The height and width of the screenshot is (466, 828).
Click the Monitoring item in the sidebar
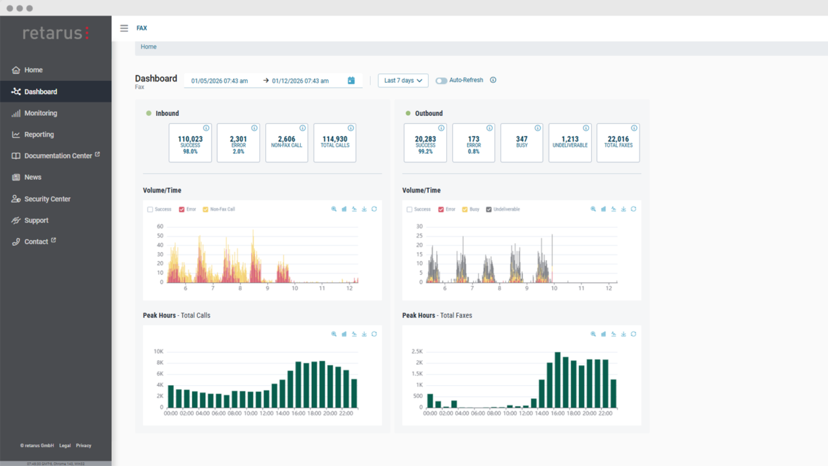pos(40,113)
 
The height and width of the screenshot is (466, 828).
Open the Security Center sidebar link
pos(47,199)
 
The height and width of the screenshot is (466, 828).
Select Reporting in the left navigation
pos(39,135)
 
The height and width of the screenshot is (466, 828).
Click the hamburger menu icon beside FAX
pos(124,28)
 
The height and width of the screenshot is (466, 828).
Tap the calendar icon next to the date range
pos(351,81)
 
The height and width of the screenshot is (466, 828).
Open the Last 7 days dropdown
pos(403,81)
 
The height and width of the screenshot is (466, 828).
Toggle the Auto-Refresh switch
pos(441,81)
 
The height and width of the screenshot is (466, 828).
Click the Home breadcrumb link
pos(149,47)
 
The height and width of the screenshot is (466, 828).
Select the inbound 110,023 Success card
pos(190,142)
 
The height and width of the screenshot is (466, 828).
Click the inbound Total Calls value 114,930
pos(334,139)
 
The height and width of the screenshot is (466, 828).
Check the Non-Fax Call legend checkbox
pos(206,210)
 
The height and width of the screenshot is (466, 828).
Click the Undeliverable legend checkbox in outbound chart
pos(489,210)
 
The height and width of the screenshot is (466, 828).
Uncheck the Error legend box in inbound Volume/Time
pos(182,210)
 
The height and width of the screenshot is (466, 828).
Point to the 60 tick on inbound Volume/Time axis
pos(160,227)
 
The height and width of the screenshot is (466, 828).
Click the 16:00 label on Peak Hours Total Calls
pos(298,413)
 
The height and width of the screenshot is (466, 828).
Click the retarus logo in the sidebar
pos(56,33)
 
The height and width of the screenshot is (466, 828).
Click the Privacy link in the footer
pos(83,445)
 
